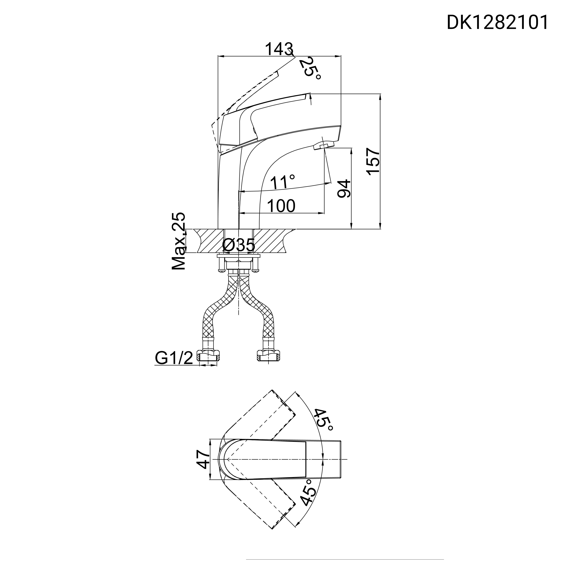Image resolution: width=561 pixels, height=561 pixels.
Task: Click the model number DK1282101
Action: click(x=497, y=23)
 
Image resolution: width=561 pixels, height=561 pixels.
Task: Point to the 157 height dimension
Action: click(x=373, y=161)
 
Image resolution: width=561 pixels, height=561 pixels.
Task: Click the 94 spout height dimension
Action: click(x=344, y=189)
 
